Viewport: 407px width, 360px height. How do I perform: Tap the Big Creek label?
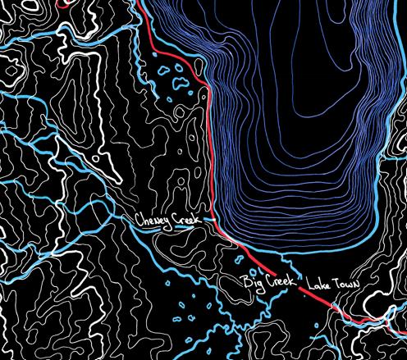coord(267,282)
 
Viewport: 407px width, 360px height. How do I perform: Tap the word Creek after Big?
coord(277,282)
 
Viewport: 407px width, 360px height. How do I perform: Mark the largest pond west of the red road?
coord(175,83)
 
